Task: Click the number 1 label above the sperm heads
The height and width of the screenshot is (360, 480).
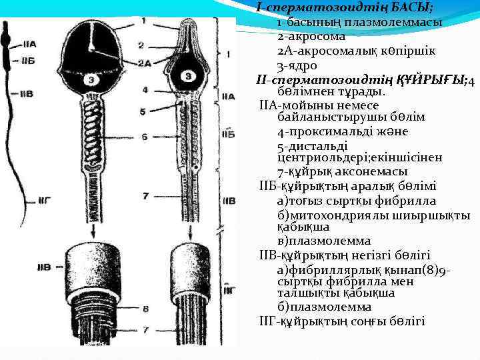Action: (143, 21)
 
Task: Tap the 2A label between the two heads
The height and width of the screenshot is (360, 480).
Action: (145, 63)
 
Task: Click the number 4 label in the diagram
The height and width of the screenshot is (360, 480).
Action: (144, 89)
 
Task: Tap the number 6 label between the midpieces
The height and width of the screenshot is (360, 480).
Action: (144, 137)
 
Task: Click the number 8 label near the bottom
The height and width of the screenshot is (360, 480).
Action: (145, 309)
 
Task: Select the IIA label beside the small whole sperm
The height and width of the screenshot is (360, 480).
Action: (29, 44)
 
